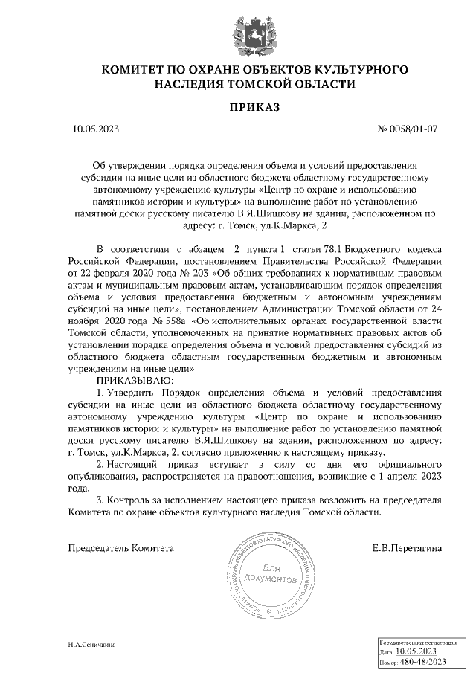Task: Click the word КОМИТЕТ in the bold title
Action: tap(135, 70)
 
